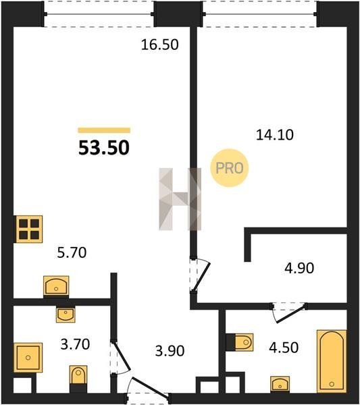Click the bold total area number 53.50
click(104, 148)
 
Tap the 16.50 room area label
click(159, 45)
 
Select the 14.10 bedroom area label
click(275, 135)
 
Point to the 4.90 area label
click(299, 268)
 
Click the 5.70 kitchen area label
click(72, 252)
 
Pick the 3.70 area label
click(75, 344)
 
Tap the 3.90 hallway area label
click(170, 351)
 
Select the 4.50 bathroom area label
click(284, 348)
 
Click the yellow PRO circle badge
click(229, 168)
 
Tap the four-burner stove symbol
click(28, 229)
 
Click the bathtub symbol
click(332, 361)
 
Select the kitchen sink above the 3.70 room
click(56, 286)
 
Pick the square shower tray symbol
click(28, 358)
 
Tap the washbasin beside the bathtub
click(280, 384)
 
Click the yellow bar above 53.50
click(104, 130)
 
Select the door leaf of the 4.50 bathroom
click(291, 314)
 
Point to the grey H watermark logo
click(180, 199)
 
